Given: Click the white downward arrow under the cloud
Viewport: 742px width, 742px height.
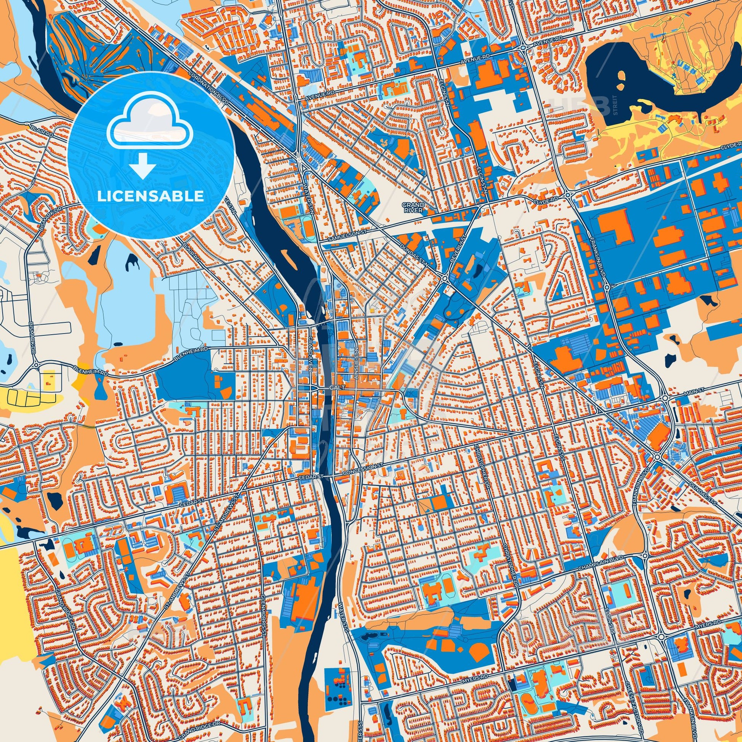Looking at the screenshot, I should click(x=143, y=165).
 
